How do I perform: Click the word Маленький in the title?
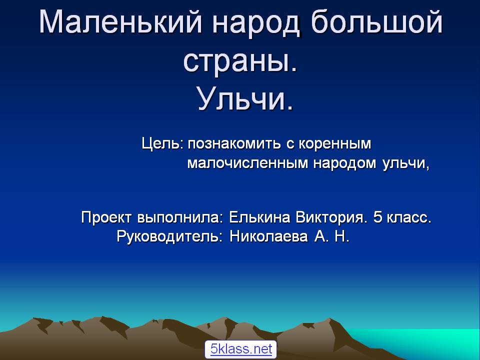click(120, 22)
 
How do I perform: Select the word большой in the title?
click(377, 22)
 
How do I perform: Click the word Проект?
click(106, 218)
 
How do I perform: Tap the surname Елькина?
click(259, 217)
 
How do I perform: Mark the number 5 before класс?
click(377, 217)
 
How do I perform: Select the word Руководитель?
click(169, 236)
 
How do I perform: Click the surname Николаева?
click(268, 236)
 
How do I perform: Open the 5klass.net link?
click(241, 349)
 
